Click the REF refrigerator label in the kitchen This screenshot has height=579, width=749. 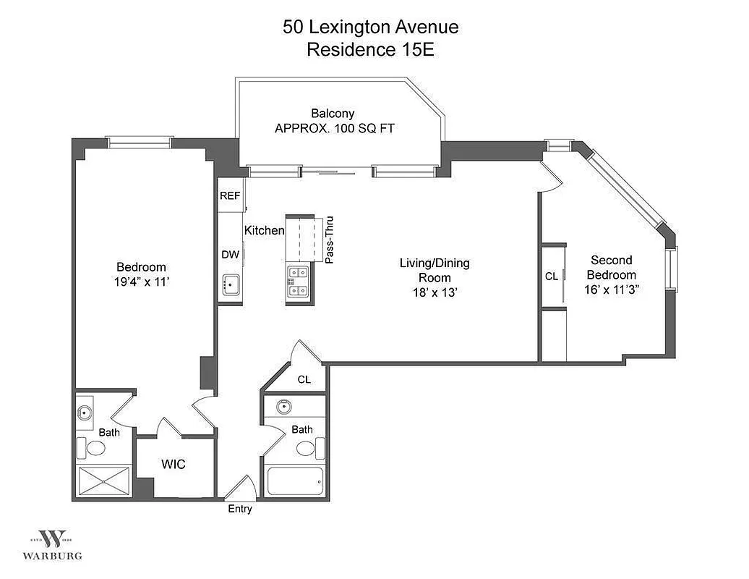point(230,195)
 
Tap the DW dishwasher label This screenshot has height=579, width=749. point(230,254)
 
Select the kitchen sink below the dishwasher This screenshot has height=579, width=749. point(230,285)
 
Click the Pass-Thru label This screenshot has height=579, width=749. point(330,240)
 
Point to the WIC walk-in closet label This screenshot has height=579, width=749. point(174,464)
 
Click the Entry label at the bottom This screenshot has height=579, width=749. point(240,509)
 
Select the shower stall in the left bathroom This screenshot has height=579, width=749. point(104,481)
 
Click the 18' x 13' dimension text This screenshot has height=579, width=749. point(435,292)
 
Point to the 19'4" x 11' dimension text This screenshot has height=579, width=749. point(142,282)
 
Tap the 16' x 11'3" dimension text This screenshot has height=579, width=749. point(612,289)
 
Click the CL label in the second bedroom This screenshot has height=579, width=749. point(552,276)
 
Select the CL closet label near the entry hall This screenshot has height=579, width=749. point(304,380)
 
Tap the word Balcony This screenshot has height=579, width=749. point(333,113)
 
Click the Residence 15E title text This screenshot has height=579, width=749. point(369,50)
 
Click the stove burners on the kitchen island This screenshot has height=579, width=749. point(299,282)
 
